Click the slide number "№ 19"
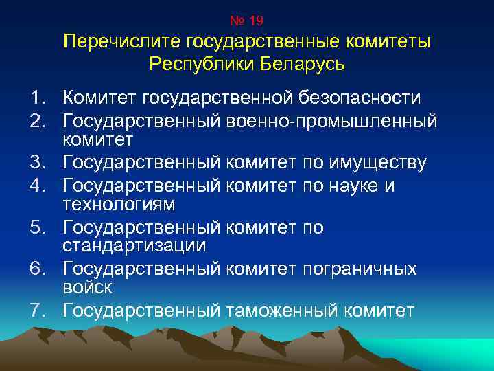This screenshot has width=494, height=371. coord(246,21)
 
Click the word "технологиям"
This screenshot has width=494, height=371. coord(119,204)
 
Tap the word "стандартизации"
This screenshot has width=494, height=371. coord(134,245)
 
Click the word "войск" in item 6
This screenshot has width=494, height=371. coord(87,286)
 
